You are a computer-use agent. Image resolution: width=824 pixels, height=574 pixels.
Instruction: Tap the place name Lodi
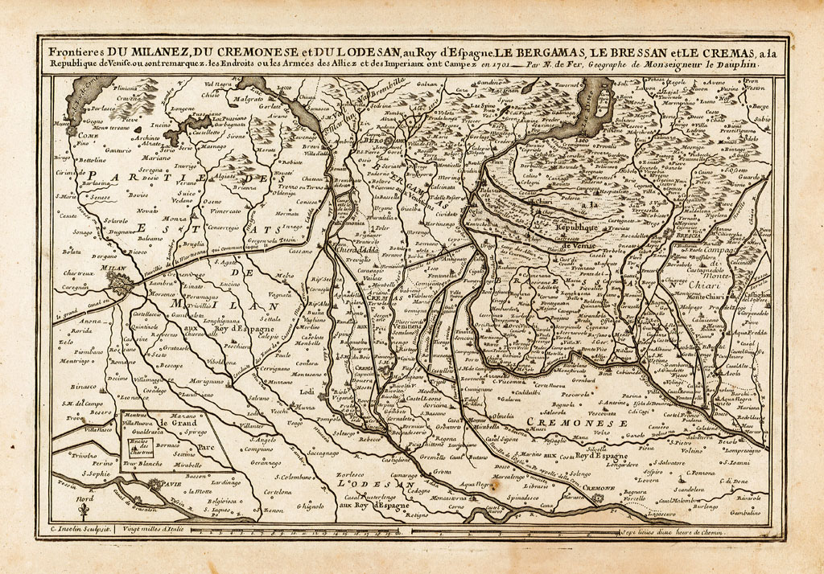[x=307, y=391]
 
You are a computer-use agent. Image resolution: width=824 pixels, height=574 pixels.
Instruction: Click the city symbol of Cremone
[x=596, y=498]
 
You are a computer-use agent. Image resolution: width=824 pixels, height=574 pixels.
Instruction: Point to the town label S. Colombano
[x=286, y=478]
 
